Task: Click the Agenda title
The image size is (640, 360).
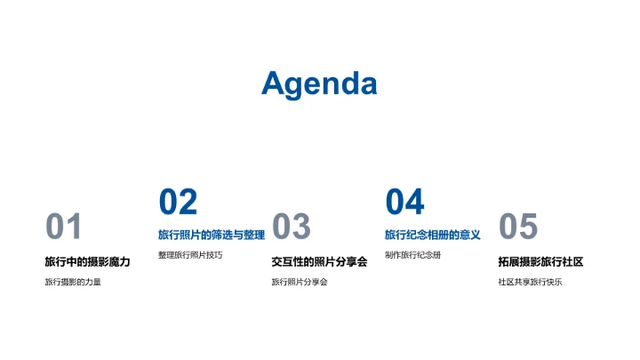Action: click(319, 84)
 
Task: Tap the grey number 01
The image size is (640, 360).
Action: click(64, 228)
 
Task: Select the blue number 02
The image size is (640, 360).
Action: click(178, 203)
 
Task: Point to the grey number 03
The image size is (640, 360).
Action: click(291, 228)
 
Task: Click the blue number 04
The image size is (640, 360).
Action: click(404, 203)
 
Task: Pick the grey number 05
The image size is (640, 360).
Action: click(518, 228)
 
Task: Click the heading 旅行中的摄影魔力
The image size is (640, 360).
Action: click(88, 261)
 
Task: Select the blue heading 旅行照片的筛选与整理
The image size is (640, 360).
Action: click(212, 236)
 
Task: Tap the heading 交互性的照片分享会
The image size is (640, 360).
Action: click(319, 261)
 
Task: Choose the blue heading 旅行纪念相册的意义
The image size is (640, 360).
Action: click(433, 236)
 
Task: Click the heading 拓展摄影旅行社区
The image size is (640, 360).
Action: click(540, 261)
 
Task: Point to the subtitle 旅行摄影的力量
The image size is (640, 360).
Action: click(73, 283)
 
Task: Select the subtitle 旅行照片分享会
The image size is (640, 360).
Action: click(300, 283)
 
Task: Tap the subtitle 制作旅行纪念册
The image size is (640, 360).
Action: click(412, 255)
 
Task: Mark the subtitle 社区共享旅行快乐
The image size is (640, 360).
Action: click(530, 283)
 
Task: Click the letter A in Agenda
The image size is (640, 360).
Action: click(275, 84)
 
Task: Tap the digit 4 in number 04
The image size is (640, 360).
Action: click(415, 203)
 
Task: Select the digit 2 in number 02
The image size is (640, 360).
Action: click(188, 203)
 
